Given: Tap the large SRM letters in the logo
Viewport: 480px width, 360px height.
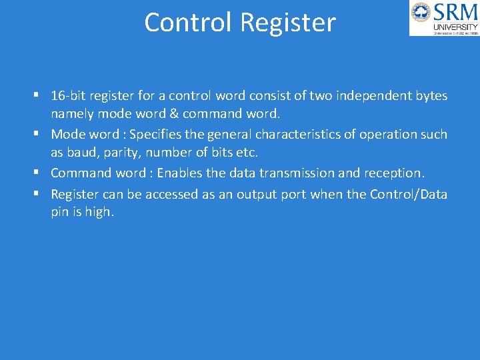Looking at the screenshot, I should tap(455, 12).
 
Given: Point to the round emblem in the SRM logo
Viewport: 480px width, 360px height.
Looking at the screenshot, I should tap(421, 13).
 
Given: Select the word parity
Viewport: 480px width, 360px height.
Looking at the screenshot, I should tap(123, 153).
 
